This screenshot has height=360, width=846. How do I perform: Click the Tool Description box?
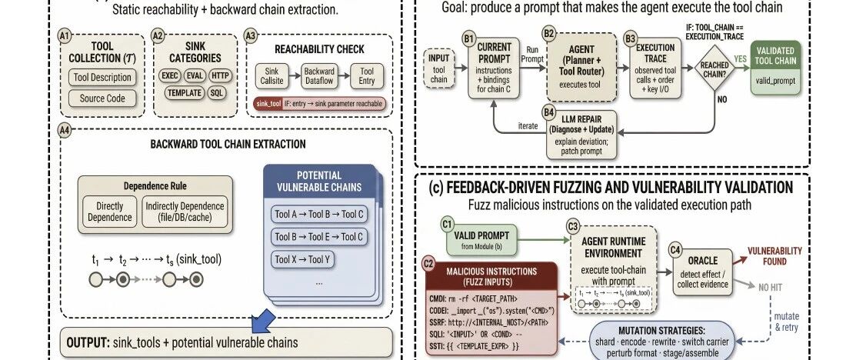coord(102,77)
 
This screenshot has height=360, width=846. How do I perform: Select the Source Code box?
coord(102,98)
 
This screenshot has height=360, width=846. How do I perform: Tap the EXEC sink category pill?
coord(169,75)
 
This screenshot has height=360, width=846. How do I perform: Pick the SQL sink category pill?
coord(216,93)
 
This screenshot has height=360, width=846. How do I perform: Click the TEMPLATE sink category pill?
coord(184,93)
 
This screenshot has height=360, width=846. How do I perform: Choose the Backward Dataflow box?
coord(319,76)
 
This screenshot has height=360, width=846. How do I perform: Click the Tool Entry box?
coord(367,76)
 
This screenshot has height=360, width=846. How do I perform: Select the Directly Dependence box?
coord(110,212)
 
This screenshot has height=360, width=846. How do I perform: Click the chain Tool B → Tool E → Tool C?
coord(319,236)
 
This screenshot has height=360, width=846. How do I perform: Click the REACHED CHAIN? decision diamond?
coord(714,68)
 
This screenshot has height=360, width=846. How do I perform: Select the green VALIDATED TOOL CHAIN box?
coord(774,68)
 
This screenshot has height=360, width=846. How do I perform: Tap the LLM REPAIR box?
coord(581,135)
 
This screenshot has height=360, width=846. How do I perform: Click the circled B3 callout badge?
coord(630,38)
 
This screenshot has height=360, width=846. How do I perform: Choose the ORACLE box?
coord(702,272)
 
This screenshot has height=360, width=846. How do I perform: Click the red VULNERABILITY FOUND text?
coord(774,256)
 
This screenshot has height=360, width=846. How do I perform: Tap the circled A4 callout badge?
coord(64,129)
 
